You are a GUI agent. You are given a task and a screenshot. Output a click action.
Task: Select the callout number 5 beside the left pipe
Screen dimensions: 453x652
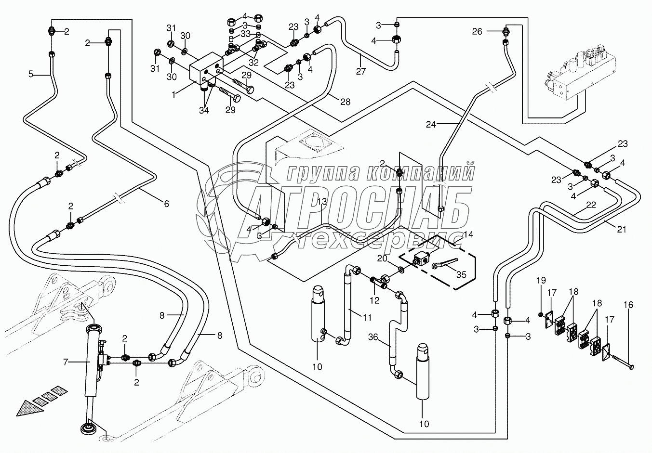pos(31,74)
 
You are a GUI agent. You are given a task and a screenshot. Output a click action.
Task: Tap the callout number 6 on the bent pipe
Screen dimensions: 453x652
pos(166,204)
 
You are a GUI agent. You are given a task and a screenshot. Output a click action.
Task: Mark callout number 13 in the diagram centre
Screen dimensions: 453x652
pos(321,201)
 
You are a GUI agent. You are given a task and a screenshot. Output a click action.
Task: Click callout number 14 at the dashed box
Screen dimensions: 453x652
pos(468,235)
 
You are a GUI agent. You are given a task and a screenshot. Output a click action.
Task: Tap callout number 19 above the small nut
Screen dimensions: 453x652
pos(541,280)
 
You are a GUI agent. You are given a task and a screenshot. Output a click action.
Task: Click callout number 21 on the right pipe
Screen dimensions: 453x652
pos(622,230)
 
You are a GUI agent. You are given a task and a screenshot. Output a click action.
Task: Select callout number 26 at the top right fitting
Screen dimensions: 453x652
pos(477,32)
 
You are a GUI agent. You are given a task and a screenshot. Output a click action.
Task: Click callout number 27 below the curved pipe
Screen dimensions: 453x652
pos(361,71)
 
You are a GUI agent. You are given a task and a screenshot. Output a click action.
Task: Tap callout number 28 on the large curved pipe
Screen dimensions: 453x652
pos(345,102)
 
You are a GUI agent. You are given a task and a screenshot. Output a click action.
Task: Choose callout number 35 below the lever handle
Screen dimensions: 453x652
pos(461,275)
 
